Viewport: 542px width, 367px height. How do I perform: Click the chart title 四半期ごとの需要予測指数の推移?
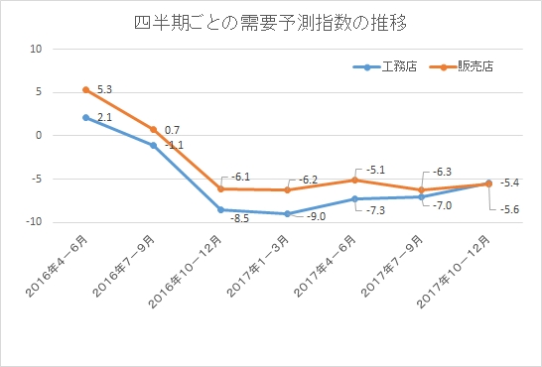click(x=271, y=21)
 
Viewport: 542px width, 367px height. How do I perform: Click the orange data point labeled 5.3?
click(x=86, y=89)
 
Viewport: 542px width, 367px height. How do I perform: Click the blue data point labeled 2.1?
click(x=86, y=117)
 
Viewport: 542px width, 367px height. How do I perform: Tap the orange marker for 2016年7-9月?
click(x=154, y=129)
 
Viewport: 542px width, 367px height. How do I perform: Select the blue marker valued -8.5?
click(x=220, y=209)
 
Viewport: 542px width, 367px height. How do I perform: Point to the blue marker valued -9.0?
click(x=287, y=213)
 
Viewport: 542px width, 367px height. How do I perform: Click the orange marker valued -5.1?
click(x=354, y=180)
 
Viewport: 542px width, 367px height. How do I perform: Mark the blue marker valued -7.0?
click(x=421, y=196)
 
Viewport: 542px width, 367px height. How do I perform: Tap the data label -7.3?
click(x=376, y=211)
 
